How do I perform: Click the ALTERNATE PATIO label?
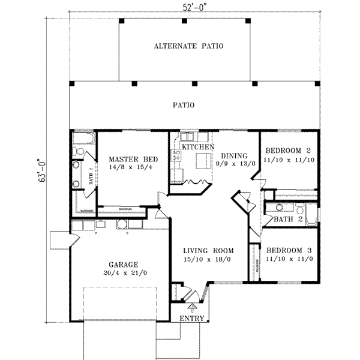pos(184,46)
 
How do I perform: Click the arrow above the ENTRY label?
pos(192,308)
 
